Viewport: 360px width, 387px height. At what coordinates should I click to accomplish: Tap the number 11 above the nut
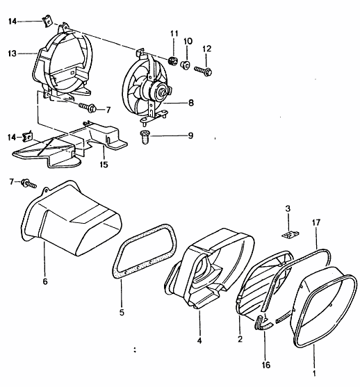[x=174, y=33]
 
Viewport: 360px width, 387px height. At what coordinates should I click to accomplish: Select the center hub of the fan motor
[x=161, y=92]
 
